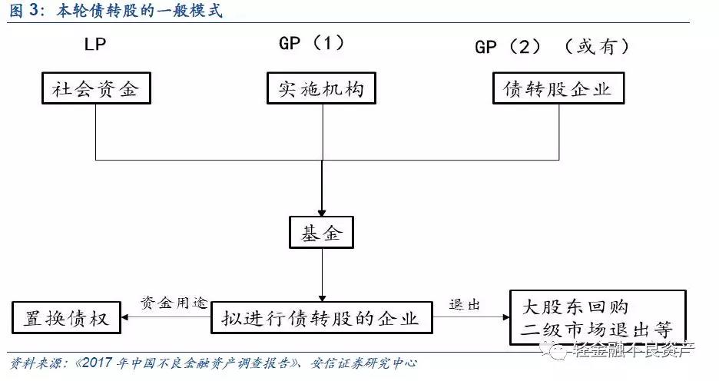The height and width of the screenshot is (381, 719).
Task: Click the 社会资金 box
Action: [x=95, y=89]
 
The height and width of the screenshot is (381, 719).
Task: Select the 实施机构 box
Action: [x=321, y=89]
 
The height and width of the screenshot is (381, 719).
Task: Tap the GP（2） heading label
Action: [x=513, y=47]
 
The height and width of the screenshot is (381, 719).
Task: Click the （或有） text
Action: [x=598, y=47]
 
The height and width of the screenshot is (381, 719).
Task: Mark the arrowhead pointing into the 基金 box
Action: [x=321, y=210]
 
